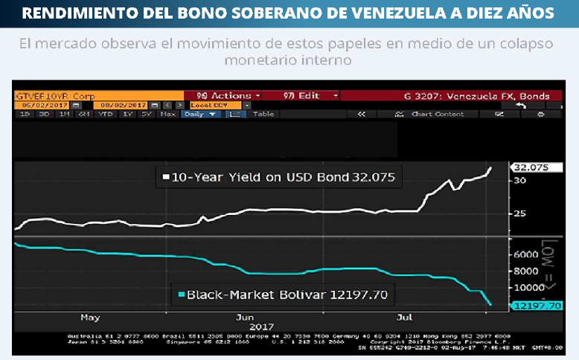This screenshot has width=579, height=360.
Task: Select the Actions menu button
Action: (x=228, y=95)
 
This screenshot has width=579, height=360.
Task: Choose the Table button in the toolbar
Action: (x=263, y=114)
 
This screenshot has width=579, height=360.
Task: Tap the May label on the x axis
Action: (x=89, y=317)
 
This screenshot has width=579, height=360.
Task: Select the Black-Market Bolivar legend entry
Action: (x=287, y=295)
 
